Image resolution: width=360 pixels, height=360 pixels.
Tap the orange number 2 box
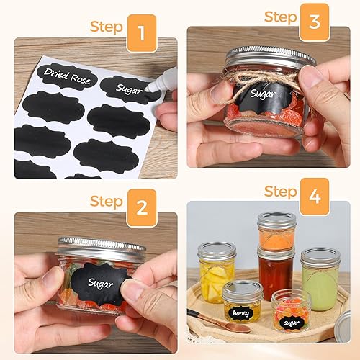tap(142, 208)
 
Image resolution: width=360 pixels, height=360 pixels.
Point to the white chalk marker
tap(160, 89)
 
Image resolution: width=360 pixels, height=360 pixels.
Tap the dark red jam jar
tap(275, 272)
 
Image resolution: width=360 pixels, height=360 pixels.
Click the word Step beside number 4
tap(280, 191)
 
